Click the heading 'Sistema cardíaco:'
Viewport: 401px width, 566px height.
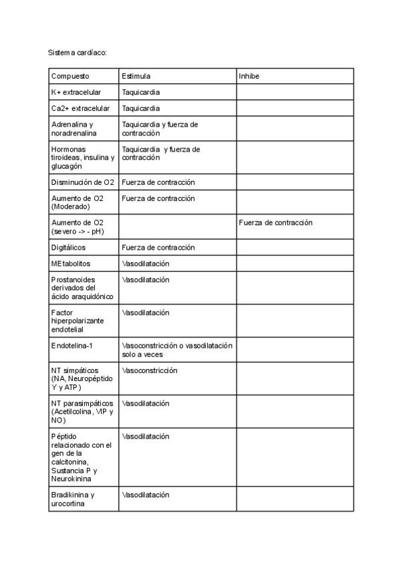[78, 51]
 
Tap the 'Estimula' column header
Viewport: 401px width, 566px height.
[136, 76]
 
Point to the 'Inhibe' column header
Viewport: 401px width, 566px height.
[249, 76]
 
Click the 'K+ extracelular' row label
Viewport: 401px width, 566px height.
[77, 92]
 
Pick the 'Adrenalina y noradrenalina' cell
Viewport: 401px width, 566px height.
[74, 129]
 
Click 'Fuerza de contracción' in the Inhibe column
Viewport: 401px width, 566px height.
[275, 223]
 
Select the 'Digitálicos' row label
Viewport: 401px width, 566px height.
[68, 248]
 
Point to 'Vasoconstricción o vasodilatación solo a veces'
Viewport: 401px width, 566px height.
[176, 350]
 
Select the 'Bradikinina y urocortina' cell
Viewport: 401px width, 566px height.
[74, 499]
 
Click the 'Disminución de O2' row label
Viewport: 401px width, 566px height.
[83, 182]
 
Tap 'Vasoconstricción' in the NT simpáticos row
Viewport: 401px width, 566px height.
[149, 370]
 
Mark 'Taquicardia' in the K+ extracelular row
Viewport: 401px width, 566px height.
[140, 92]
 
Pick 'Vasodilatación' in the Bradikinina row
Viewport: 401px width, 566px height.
[145, 495]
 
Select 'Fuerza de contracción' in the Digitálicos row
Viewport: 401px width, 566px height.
[158, 248]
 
